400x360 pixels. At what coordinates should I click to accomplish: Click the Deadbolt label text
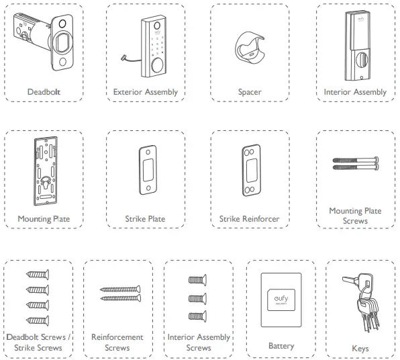coord(44,91)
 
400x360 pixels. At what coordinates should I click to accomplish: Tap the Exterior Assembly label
coord(146,92)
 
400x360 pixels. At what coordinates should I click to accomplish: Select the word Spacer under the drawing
coord(249,92)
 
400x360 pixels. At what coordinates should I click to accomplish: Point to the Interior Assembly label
coord(355,92)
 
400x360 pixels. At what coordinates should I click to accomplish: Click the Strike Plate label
coord(145,219)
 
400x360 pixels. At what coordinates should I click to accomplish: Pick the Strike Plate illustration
coord(146,172)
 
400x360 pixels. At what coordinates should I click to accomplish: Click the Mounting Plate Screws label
coord(355,216)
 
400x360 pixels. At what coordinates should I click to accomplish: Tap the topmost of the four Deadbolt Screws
coord(38,275)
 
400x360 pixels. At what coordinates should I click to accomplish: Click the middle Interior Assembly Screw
coord(197,297)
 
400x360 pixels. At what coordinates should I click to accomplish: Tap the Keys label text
coord(360,349)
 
